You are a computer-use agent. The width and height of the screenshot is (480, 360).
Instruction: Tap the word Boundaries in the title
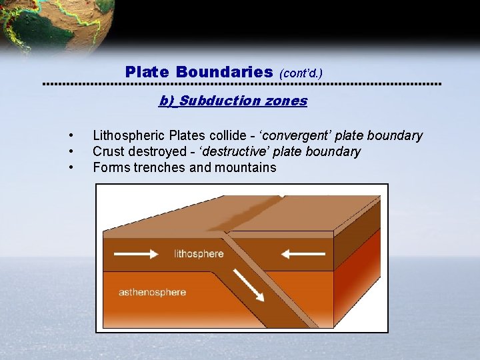[x=225, y=71]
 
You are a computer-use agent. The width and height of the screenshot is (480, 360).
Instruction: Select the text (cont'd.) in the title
[x=301, y=71]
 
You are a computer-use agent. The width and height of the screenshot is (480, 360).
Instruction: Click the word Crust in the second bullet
[x=109, y=151]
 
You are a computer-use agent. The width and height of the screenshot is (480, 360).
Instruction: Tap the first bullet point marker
[x=70, y=136]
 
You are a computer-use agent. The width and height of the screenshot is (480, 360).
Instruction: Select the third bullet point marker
[x=70, y=167]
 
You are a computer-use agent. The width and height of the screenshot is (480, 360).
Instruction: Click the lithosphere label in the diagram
[x=199, y=254]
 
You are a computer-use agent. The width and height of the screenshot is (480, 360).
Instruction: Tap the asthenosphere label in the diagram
[x=152, y=292]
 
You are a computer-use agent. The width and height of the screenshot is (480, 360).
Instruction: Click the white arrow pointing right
[x=135, y=254]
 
